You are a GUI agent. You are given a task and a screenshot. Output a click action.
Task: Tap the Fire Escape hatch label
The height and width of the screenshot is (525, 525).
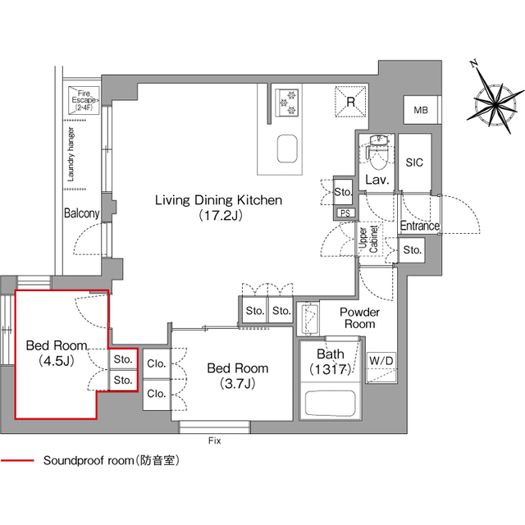click(85, 100)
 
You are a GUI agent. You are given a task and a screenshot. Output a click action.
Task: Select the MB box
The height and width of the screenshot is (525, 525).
click(421, 110)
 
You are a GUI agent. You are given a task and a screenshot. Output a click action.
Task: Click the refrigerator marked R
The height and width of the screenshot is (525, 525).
click(350, 103)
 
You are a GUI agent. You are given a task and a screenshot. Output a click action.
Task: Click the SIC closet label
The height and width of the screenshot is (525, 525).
click(415, 162)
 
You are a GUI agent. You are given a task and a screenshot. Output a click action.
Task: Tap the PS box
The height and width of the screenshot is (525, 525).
click(345, 212)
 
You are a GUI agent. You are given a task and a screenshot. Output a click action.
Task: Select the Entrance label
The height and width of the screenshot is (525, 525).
click(419, 226)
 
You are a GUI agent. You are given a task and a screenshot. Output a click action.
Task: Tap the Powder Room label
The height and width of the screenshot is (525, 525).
click(359, 318)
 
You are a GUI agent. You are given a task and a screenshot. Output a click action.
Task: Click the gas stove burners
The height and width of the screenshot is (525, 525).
click(289, 98)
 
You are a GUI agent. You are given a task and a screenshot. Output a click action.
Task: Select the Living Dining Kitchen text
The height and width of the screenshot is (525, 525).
click(219, 200)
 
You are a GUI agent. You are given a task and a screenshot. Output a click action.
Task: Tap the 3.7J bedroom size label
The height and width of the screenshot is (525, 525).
click(237, 383)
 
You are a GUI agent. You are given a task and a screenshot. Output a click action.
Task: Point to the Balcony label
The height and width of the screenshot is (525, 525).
click(82, 213)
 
